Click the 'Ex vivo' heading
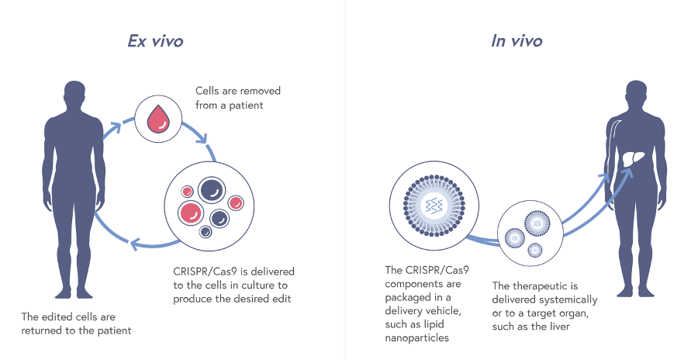pyautogui.click(x=155, y=41)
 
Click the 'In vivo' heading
pyautogui.click(x=517, y=41)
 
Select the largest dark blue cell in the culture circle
pyautogui.click(x=210, y=189)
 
